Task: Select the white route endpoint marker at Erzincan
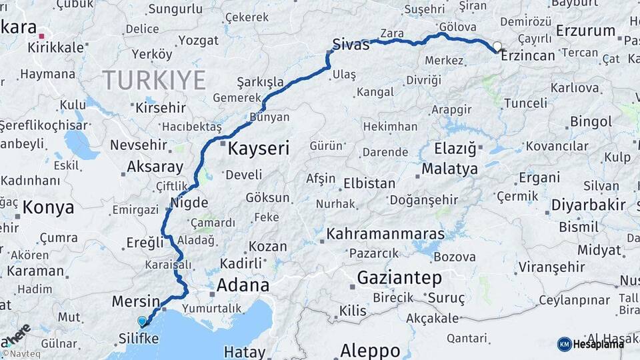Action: (x=497, y=47)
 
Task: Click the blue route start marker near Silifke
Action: (x=142, y=321)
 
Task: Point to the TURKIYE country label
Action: (x=154, y=81)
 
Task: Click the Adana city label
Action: (x=244, y=286)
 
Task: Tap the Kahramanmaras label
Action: (x=385, y=235)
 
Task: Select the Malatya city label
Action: (x=449, y=169)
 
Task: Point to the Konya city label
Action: (x=48, y=207)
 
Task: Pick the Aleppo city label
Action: (x=370, y=350)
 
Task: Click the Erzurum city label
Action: (x=585, y=31)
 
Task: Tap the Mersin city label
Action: (x=136, y=301)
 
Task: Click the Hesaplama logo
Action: (x=591, y=344)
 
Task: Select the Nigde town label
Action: (x=189, y=203)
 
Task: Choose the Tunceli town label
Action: (x=525, y=103)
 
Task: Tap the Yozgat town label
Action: (x=199, y=41)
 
